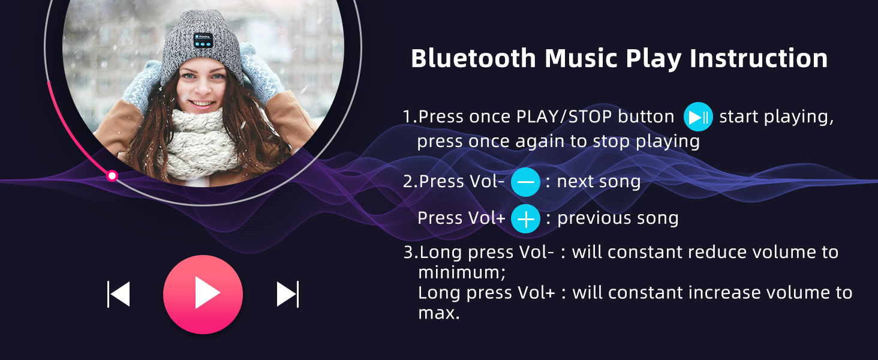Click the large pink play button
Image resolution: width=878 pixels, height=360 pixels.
coord(203,294)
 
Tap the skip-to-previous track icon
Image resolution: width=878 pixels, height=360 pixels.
coord(118,294)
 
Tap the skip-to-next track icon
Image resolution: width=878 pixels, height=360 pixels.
coord(288,294)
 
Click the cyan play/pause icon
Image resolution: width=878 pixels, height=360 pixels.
coord(698,116)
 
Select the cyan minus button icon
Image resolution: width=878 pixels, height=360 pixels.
coord(525,182)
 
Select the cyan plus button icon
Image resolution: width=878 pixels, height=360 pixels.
coord(525,219)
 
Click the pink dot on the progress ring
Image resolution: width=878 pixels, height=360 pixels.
coord(112,176)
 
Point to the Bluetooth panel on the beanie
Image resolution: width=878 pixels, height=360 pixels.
coord(203,40)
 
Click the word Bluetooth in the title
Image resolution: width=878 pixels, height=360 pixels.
coord(473,59)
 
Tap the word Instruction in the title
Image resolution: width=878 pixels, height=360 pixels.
coord(759,59)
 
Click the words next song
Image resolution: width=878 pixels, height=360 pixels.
coord(599,182)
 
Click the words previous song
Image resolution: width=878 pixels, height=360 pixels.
coord(618,218)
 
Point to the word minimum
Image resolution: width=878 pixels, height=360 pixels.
coord(462,272)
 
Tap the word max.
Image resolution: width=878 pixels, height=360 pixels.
coord(438,313)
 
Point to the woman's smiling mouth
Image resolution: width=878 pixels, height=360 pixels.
coord(202,104)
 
